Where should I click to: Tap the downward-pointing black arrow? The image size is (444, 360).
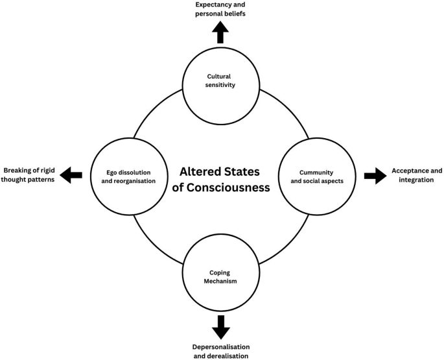[x=221, y=328]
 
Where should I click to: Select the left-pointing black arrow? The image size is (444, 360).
[x=71, y=175]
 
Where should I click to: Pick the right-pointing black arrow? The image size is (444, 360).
[x=375, y=176]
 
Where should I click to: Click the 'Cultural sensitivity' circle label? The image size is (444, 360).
[x=220, y=80]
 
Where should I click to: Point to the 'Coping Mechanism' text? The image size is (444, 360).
[x=220, y=277]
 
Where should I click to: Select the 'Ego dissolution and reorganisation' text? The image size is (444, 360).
[x=128, y=176]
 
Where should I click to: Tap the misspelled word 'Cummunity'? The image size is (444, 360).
[x=316, y=173]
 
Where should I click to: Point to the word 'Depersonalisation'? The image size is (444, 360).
[x=221, y=347]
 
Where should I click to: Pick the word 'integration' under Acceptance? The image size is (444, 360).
[x=416, y=180]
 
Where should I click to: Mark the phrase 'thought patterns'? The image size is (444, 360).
[x=28, y=180]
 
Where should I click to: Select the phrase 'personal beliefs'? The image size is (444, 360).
[x=220, y=14]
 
